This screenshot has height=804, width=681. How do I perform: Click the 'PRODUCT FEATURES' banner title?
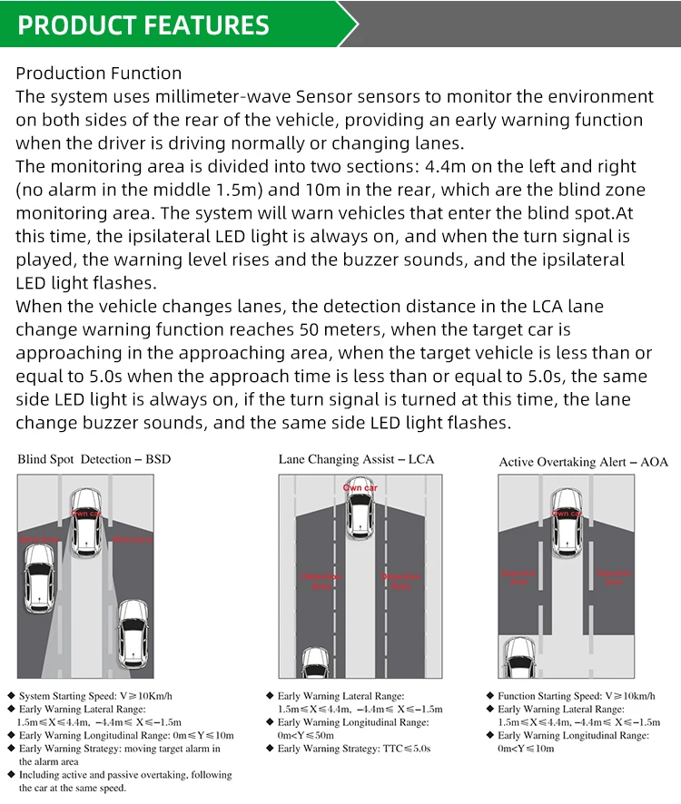click(x=143, y=25)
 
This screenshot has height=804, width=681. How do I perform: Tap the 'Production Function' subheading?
click(x=98, y=74)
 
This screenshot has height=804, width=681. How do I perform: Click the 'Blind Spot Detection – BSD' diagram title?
click(x=94, y=459)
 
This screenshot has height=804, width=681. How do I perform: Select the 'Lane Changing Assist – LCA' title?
click(x=356, y=459)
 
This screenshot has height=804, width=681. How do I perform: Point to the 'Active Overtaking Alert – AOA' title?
click(x=583, y=462)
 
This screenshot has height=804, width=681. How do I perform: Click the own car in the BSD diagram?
click(x=85, y=522)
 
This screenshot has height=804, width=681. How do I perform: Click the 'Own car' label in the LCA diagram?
click(x=360, y=488)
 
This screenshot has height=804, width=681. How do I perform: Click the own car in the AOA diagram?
click(x=566, y=522)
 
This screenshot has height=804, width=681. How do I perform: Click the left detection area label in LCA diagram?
click(x=321, y=581)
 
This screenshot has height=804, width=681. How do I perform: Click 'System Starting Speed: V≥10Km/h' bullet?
click(x=100, y=696)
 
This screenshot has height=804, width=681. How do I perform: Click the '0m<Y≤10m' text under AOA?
click(x=526, y=749)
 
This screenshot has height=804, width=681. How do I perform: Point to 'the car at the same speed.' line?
click(x=73, y=788)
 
